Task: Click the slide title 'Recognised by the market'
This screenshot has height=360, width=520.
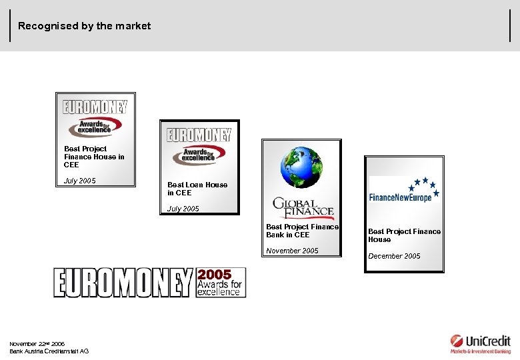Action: tap(85, 26)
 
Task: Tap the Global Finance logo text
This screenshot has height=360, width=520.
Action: tap(303, 208)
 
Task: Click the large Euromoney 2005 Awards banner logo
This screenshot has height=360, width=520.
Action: tap(149, 282)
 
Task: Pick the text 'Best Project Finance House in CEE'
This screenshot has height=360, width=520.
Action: tap(94, 157)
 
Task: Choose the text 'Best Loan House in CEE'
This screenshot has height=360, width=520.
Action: tap(197, 189)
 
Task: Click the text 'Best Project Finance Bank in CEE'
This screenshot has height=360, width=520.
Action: tap(302, 231)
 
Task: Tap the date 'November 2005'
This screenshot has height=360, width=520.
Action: tap(292, 251)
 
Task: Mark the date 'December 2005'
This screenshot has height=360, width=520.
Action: tap(394, 256)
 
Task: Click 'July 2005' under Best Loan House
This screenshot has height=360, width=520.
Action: tap(183, 209)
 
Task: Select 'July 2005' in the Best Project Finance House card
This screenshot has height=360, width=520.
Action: tap(79, 181)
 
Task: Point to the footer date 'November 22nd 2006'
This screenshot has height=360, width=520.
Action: tap(37, 344)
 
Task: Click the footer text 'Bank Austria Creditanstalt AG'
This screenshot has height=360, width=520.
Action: tap(49, 351)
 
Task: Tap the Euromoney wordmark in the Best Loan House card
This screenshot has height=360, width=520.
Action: tap(199, 135)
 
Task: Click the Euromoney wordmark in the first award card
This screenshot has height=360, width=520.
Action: tap(95, 107)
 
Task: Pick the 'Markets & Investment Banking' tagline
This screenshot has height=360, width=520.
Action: tap(480, 351)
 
